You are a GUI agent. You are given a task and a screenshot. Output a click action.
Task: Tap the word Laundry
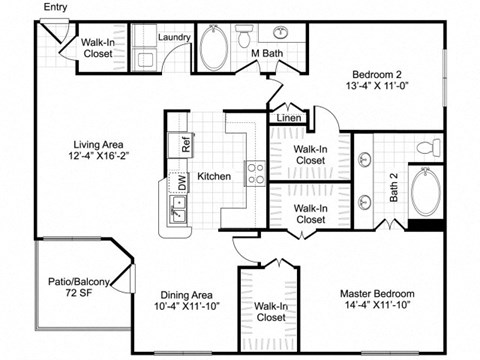[174, 38]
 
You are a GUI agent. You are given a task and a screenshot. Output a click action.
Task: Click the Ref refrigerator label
[186, 143]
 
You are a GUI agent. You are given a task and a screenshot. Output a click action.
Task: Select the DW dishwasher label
[182, 182]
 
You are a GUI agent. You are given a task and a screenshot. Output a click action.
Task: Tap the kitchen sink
[178, 211]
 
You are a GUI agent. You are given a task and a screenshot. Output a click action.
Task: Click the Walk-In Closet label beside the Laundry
[97, 47]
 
